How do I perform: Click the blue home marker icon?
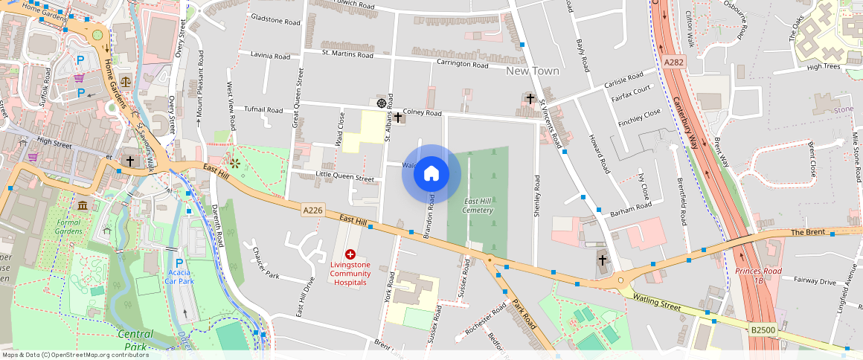(431, 174)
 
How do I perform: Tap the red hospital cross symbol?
(350, 254)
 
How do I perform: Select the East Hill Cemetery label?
(478, 206)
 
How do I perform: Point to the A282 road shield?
(673, 63)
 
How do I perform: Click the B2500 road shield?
(763, 329)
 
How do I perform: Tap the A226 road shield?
(313, 210)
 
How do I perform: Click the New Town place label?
(532, 71)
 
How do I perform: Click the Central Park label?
(135, 340)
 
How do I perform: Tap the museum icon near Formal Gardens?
(82, 205)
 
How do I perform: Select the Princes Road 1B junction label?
(759, 276)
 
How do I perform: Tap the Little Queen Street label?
(344, 179)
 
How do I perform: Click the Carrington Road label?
(462, 64)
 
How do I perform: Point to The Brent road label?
(808, 233)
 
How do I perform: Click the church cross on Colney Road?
(398, 117)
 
